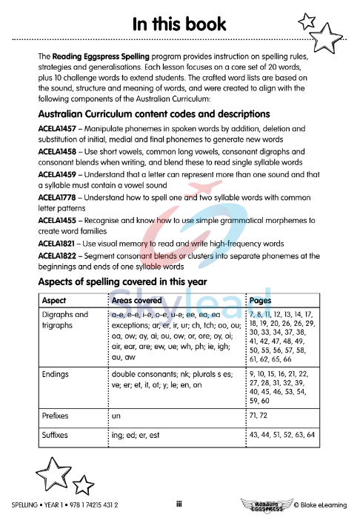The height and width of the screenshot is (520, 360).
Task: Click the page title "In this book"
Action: pos(179,24)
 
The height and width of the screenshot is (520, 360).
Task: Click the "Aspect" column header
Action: pos(55,301)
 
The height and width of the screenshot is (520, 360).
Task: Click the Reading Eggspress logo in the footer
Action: pos(264,504)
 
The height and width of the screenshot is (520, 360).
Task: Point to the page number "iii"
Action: pos(179,504)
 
